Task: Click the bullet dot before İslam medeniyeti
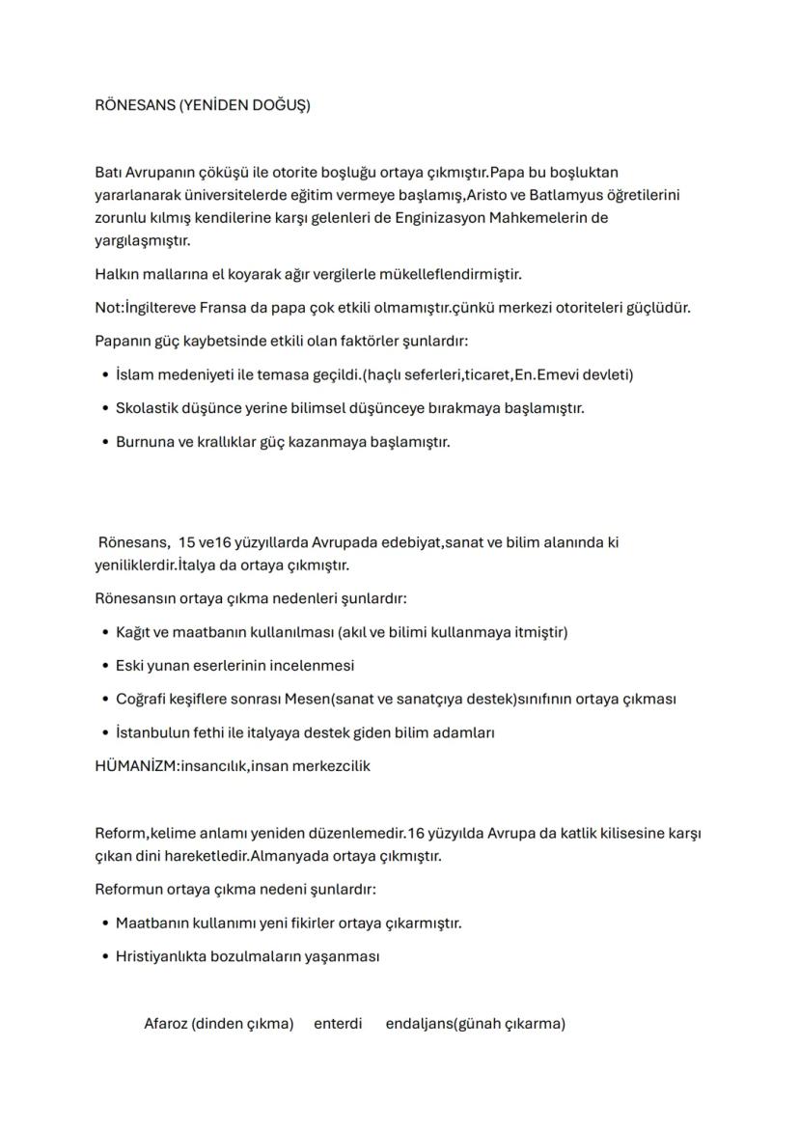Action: point(104,375)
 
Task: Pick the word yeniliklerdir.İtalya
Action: point(156,565)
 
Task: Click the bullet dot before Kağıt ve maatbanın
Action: point(104,633)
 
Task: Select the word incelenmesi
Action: point(311,666)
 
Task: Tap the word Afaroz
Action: point(165,1024)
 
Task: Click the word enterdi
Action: point(338,1024)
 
